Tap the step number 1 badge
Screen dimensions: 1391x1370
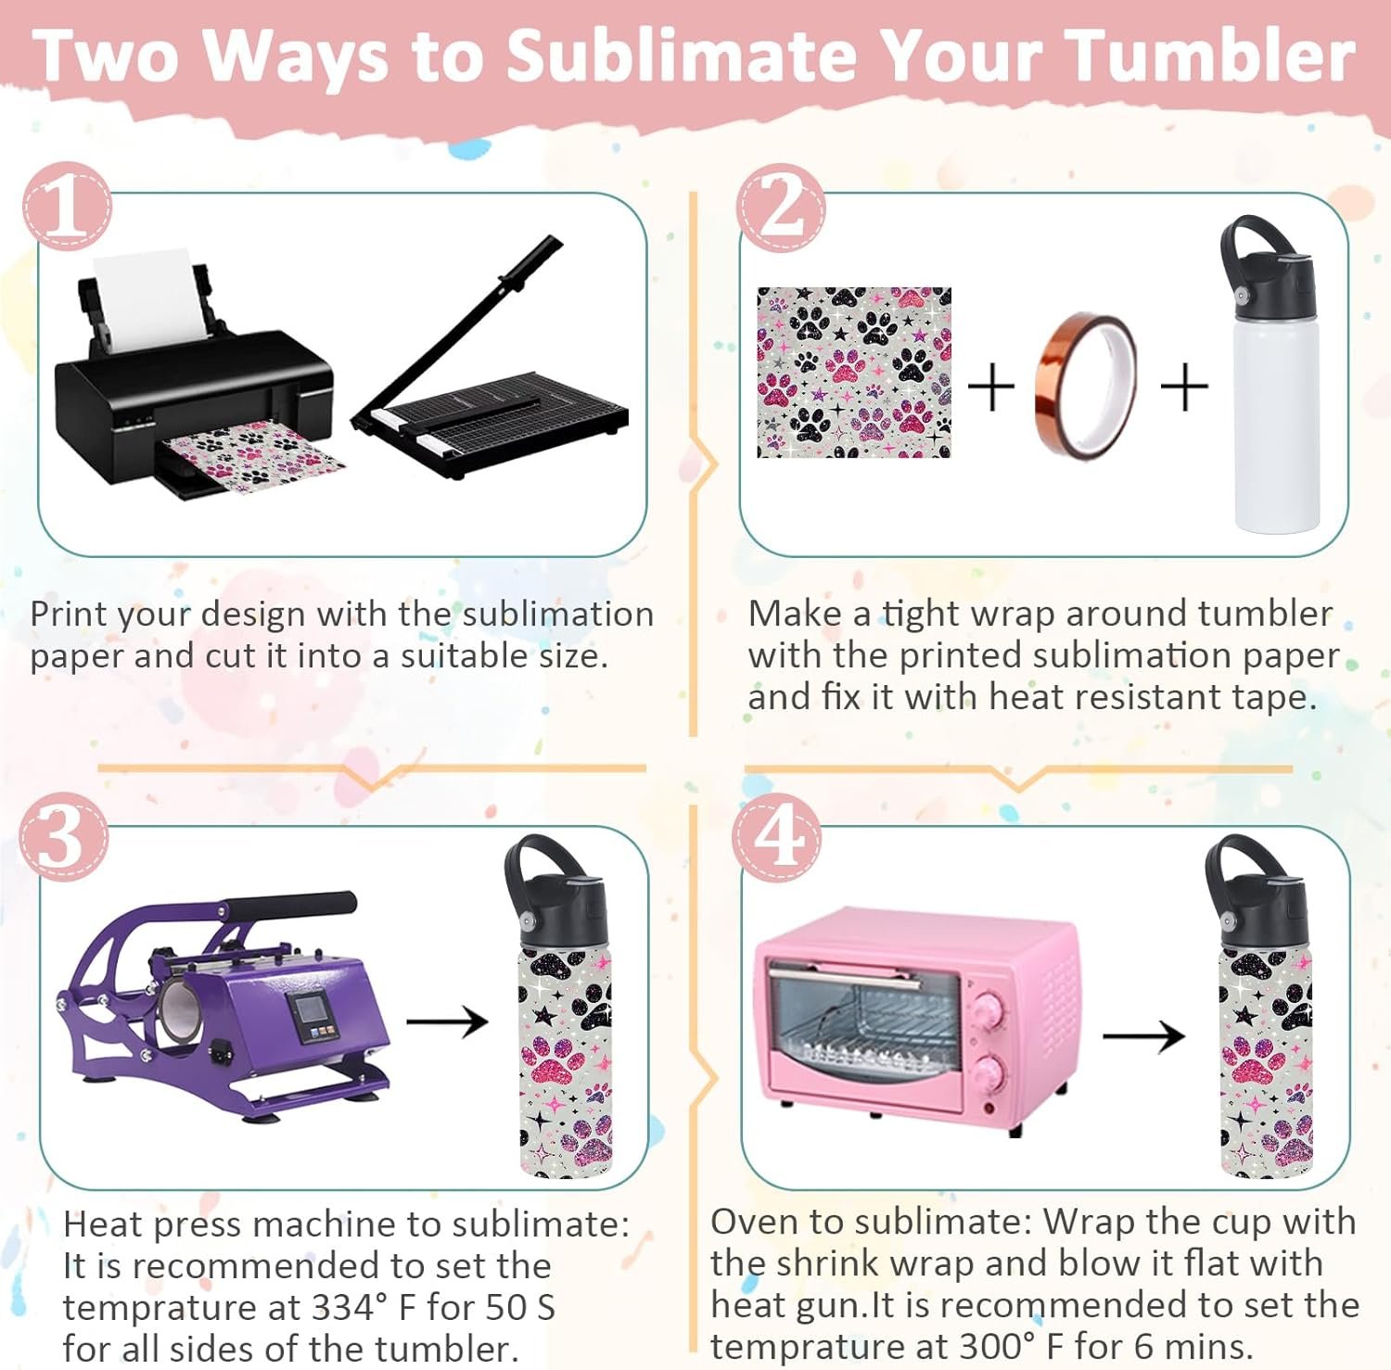pyautogui.click(x=67, y=206)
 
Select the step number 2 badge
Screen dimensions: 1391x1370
pyautogui.click(x=781, y=207)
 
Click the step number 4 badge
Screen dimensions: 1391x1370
pyautogui.click(x=777, y=837)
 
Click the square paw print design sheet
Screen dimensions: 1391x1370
pyautogui.click(x=854, y=373)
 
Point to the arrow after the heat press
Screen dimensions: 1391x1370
pyautogui.click(x=447, y=1021)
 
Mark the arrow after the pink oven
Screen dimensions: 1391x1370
pyautogui.click(x=1143, y=1035)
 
